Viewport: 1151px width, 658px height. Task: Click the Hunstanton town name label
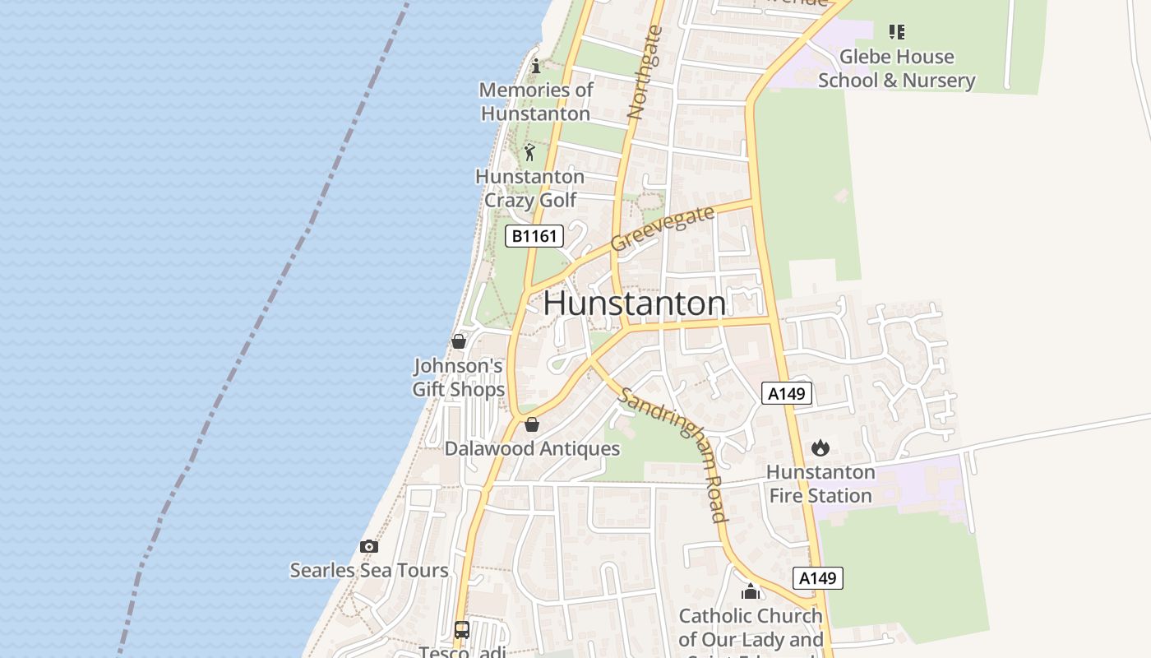coord(634,304)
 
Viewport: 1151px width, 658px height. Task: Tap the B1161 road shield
coord(534,237)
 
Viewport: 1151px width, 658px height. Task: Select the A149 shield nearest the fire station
coord(787,394)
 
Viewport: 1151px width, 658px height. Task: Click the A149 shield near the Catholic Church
coord(818,578)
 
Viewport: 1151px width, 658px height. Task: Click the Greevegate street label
coord(663,230)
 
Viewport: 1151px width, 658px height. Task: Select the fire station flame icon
coord(820,448)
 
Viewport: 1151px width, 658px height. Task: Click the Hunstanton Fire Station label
coord(820,484)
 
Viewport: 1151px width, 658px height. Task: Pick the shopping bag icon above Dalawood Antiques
coord(532,424)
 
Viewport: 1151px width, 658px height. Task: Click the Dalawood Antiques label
coord(532,449)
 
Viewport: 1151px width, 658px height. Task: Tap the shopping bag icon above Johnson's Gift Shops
coord(459,341)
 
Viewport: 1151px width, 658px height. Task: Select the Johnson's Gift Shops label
coord(459,377)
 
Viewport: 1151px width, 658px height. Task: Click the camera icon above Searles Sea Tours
coord(369,546)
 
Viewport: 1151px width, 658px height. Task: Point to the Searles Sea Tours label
coord(369,570)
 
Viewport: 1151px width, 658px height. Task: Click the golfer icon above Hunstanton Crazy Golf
coord(529,152)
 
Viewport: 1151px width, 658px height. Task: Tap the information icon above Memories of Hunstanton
coord(536,66)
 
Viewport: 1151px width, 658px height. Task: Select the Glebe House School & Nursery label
coord(896,68)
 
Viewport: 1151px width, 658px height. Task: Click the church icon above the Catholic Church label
coord(750,591)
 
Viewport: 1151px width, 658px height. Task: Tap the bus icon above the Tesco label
coord(462,630)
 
